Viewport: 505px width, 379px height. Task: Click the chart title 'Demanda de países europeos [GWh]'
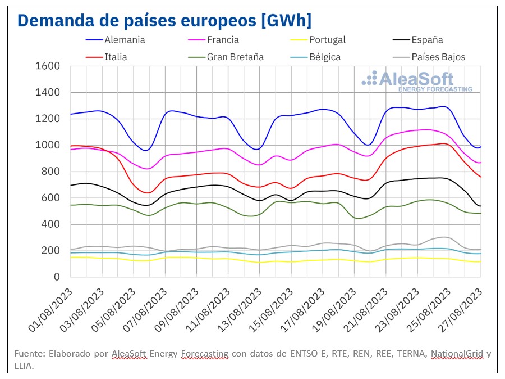click(x=164, y=20)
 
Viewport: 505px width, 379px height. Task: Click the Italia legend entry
click(x=115, y=57)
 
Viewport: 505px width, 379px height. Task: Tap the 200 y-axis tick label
click(x=50, y=251)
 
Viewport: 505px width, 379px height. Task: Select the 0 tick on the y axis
click(x=57, y=277)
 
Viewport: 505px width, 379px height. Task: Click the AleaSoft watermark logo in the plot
click(x=416, y=80)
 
